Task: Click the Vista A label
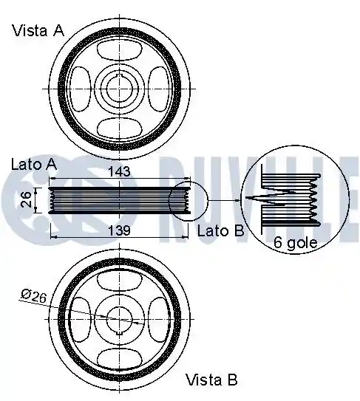[38, 30]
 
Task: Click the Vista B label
[211, 380]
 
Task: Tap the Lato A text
[34, 165]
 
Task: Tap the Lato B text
[221, 230]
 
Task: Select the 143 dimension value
[119, 171]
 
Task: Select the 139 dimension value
[119, 230]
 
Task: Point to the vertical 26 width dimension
[27, 199]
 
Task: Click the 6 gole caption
[295, 242]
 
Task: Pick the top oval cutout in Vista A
[119, 50]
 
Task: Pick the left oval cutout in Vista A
[80, 89]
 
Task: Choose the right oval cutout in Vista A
[159, 89]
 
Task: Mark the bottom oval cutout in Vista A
[119, 128]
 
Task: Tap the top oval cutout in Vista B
[119, 281]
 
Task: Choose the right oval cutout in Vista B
[159, 320]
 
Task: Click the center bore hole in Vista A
[119, 89]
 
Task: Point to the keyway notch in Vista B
[120, 333]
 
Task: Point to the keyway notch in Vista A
[120, 75]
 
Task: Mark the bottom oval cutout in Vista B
[119, 359]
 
